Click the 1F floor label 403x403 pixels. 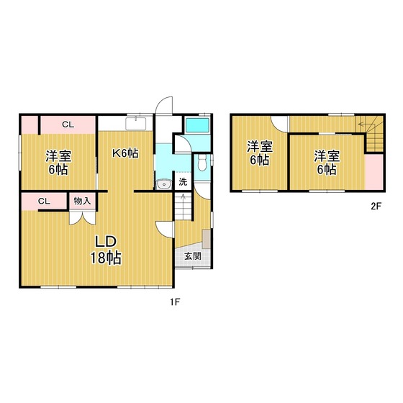(x=175, y=303)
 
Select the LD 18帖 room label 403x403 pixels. (x=104, y=249)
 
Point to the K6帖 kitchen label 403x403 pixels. (x=124, y=153)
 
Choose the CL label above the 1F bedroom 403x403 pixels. (x=67, y=124)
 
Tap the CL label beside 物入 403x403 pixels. (x=44, y=201)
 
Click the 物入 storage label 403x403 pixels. (x=81, y=201)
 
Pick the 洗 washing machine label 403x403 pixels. (x=183, y=182)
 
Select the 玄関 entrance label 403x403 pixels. (x=193, y=255)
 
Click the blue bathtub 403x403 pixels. (x=196, y=127)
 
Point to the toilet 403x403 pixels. (x=204, y=163)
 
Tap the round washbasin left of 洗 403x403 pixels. (x=164, y=183)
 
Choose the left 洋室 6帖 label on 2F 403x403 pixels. (x=260, y=153)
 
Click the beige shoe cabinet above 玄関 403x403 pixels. (x=207, y=239)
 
